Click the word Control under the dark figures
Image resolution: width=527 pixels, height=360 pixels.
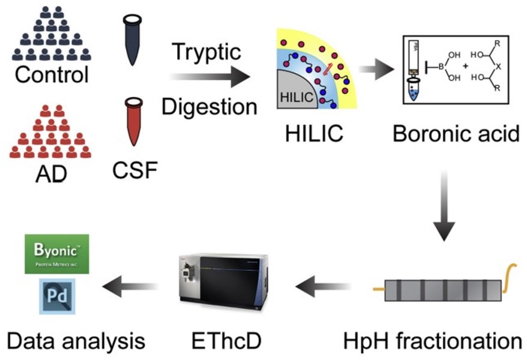(x=52, y=75)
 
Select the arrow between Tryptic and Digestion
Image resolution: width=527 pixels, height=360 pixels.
(x=209, y=77)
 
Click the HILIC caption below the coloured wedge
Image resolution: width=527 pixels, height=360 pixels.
(x=314, y=134)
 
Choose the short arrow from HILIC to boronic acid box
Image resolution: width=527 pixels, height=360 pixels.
(x=373, y=70)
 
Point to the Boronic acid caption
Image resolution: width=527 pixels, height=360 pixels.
(x=456, y=134)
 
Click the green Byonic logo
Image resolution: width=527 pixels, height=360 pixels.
(x=57, y=253)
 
